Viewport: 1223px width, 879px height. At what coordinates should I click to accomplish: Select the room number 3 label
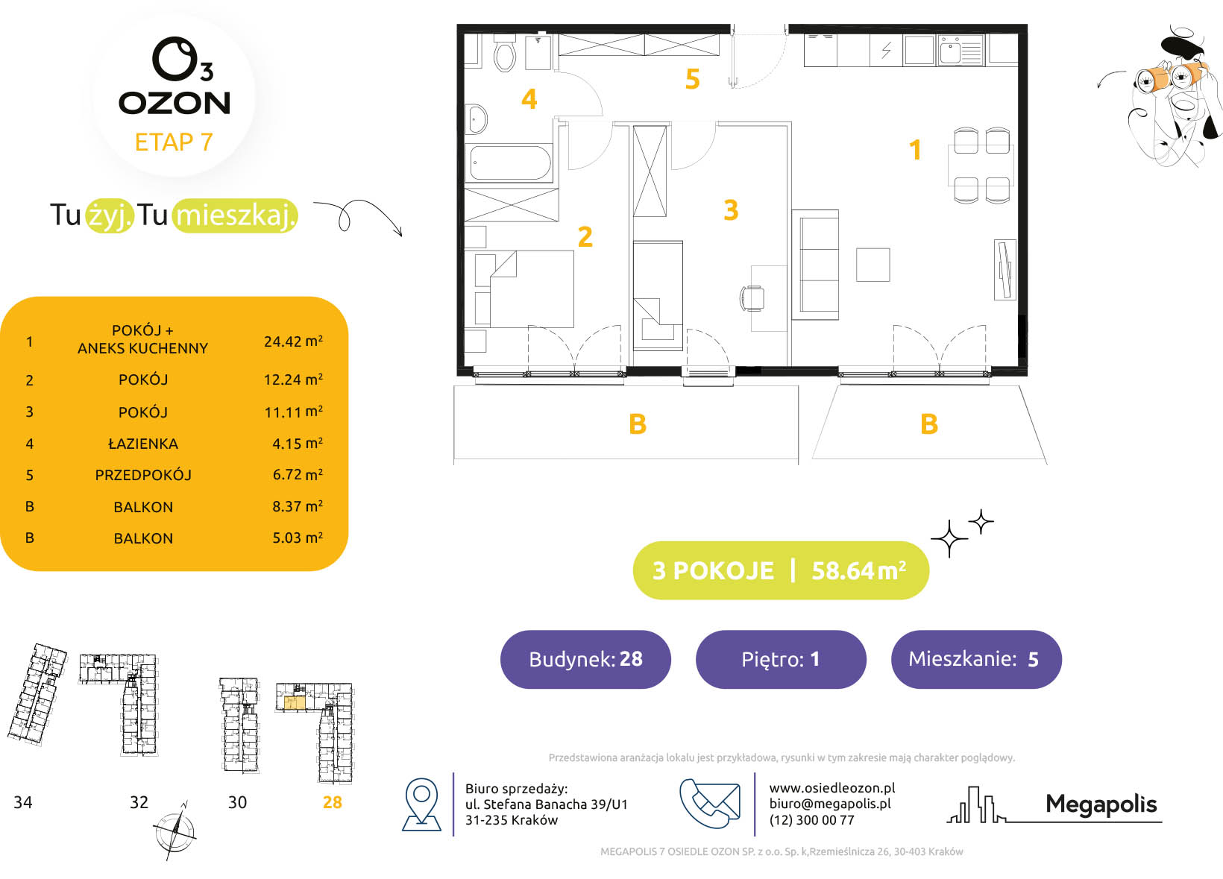[x=731, y=210]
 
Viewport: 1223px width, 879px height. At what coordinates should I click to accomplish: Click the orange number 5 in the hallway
[x=692, y=79]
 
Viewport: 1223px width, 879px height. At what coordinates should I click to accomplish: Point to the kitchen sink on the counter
[x=961, y=50]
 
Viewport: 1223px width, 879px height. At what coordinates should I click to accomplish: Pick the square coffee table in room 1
[x=873, y=265]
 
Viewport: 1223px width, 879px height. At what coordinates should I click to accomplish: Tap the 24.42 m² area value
[x=293, y=341]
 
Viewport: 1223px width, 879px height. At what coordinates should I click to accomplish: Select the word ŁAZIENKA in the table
[x=143, y=444]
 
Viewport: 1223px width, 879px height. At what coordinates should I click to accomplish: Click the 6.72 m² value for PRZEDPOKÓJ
[x=298, y=474]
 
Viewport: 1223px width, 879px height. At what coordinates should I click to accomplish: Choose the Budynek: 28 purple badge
[x=585, y=659]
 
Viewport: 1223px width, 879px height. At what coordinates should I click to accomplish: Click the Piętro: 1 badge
[x=781, y=659]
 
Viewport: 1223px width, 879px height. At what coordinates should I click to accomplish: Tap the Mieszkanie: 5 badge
[x=976, y=659]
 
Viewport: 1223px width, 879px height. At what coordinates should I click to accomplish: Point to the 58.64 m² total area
[x=859, y=570]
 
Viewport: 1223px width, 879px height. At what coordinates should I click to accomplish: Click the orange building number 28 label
[x=332, y=802]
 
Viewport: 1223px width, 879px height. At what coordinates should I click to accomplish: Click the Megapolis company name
[x=1101, y=804]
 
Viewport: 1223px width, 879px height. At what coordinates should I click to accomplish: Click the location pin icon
[x=421, y=804]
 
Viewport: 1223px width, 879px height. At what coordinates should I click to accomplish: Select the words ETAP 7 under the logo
[x=174, y=142]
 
